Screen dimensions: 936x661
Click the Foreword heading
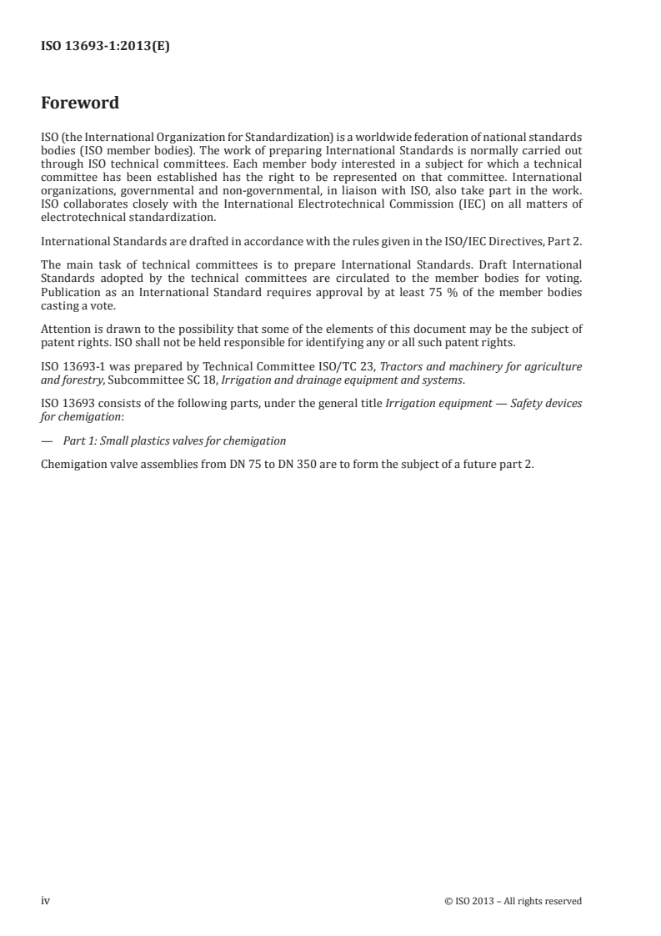click(80, 103)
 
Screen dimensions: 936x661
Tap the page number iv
click(46, 900)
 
